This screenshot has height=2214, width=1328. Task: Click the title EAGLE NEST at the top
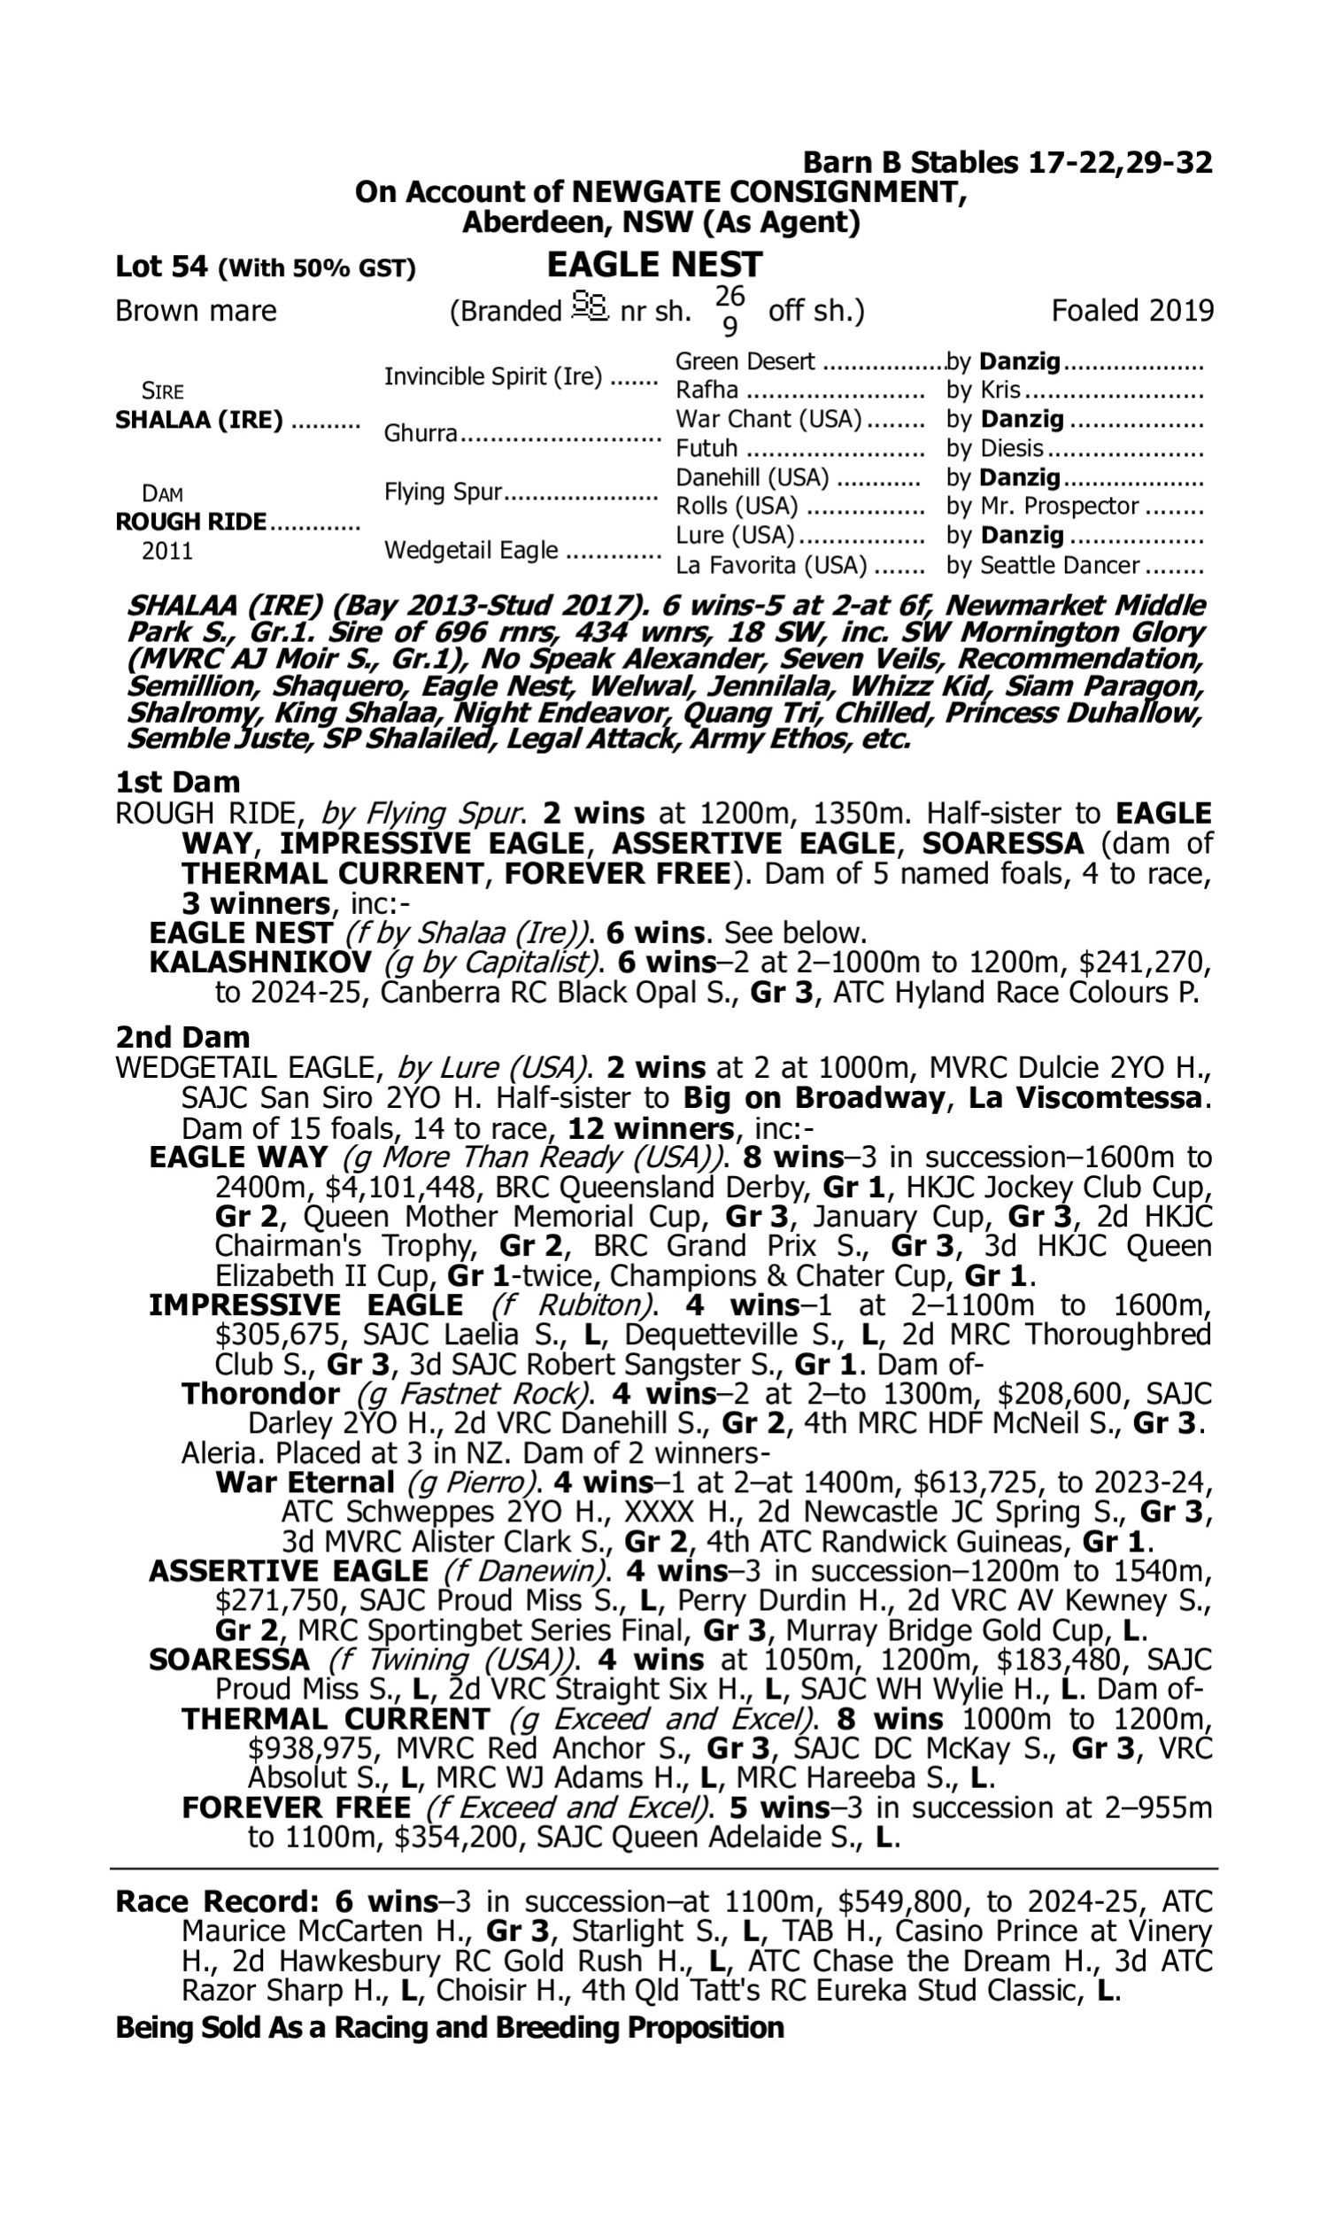click(654, 265)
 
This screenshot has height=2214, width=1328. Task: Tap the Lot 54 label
click(161, 267)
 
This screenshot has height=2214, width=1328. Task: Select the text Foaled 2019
click(1132, 311)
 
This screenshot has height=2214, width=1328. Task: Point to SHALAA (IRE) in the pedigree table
click(198, 420)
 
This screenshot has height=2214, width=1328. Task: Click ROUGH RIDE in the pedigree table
click(190, 522)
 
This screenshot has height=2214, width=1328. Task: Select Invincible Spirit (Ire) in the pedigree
click(492, 376)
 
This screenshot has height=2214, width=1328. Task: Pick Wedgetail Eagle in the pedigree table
click(471, 550)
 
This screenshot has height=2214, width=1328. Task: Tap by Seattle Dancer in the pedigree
click(1043, 566)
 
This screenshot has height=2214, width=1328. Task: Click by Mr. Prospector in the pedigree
click(1043, 507)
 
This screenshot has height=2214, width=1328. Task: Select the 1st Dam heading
click(177, 782)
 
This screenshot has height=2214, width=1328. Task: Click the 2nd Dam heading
click(182, 1037)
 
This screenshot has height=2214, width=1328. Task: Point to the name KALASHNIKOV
click(259, 962)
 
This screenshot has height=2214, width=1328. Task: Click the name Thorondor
click(260, 1393)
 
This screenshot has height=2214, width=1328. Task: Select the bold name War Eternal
click(305, 1482)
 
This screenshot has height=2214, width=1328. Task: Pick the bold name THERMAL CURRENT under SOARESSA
click(336, 1719)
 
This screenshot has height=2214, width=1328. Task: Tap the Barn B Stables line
click(1007, 162)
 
